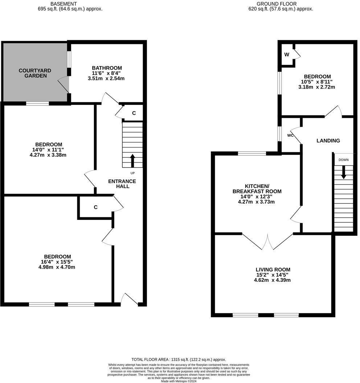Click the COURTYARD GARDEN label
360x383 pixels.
pyautogui.click(x=35, y=73)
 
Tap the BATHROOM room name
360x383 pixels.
pyautogui.click(x=107, y=68)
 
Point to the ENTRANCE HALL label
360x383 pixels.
pyautogui.click(x=122, y=184)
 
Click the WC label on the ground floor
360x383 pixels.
pyautogui.click(x=290, y=135)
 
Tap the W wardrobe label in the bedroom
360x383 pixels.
pyautogui.click(x=287, y=55)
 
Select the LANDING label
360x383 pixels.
pyautogui.click(x=328, y=141)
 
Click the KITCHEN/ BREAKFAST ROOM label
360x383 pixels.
pyautogui.click(x=257, y=189)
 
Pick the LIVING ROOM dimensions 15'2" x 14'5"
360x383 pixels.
pyautogui.click(x=273, y=275)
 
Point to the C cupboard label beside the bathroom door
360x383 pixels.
pyautogui.click(x=134, y=113)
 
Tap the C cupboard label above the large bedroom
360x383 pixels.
pyautogui.click(x=96, y=207)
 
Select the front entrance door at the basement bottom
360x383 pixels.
pyautogui.click(x=129, y=299)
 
